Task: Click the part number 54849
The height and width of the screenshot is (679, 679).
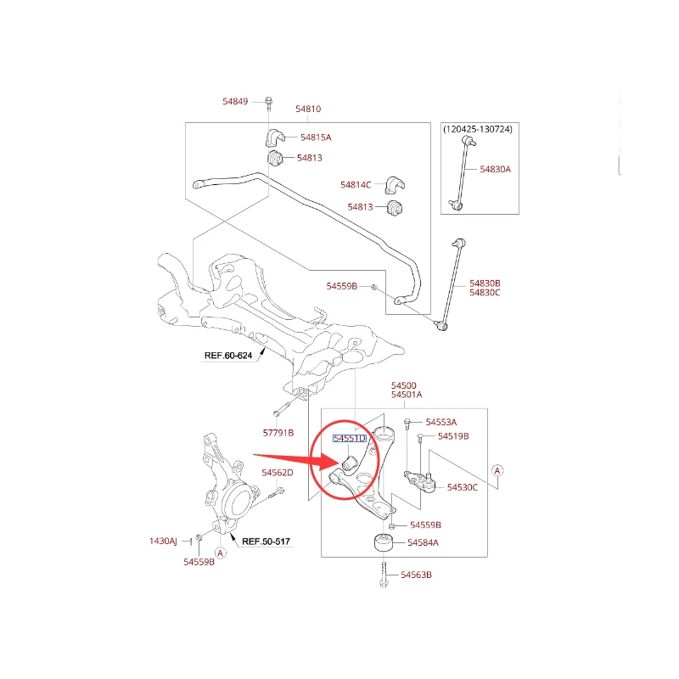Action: (x=235, y=102)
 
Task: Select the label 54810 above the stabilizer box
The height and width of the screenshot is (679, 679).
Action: (x=308, y=109)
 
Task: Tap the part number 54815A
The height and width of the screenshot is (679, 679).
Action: (x=316, y=137)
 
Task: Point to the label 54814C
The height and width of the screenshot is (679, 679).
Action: (x=356, y=184)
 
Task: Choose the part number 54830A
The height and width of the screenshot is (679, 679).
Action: (x=496, y=169)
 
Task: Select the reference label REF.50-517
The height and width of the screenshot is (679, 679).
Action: (x=266, y=540)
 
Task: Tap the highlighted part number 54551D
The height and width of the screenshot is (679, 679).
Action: (x=349, y=439)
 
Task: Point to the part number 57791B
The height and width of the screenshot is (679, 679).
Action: (x=277, y=433)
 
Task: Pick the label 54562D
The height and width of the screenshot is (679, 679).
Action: (x=278, y=472)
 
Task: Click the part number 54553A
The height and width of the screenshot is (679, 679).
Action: (x=441, y=422)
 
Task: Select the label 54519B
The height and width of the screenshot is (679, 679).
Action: (x=453, y=436)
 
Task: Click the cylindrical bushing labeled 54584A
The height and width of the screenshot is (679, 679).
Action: (x=383, y=542)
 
